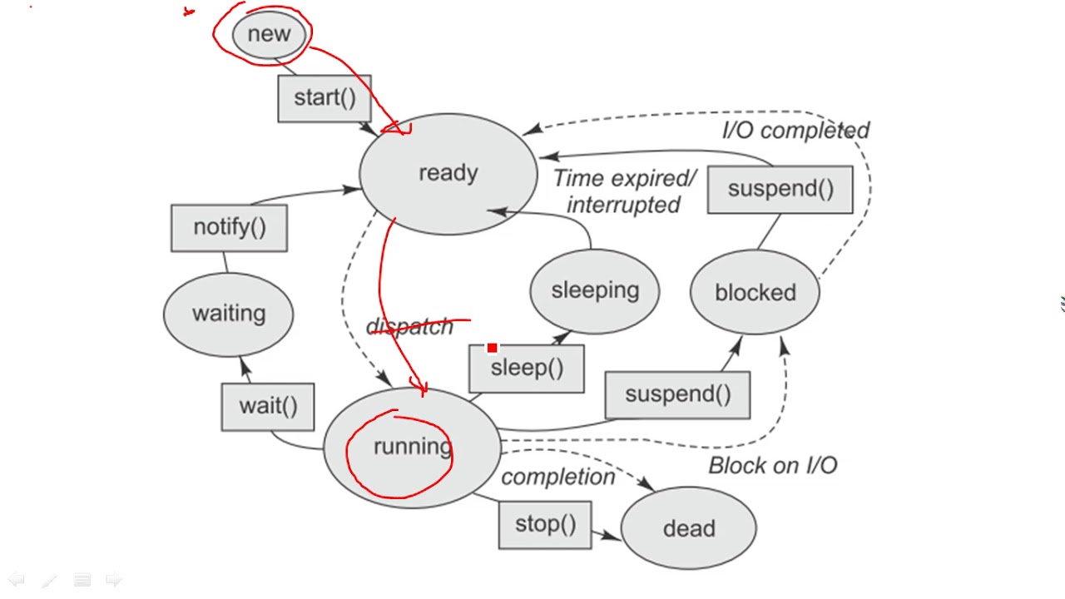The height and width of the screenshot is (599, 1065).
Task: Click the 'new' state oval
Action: click(x=269, y=34)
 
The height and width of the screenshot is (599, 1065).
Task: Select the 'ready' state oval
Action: click(x=448, y=174)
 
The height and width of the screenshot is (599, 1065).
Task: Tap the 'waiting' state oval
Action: click(x=228, y=314)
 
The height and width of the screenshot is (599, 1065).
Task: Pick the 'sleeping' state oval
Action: click(x=595, y=291)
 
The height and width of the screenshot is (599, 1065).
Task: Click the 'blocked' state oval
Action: click(x=755, y=292)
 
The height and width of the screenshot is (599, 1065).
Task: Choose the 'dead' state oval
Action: click(x=689, y=528)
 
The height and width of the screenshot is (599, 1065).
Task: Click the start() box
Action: click(x=324, y=98)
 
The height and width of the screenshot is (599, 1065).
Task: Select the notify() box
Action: click(x=229, y=228)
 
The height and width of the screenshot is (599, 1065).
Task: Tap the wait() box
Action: click(x=268, y=407)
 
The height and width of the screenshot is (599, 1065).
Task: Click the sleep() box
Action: click(x=527, y=369)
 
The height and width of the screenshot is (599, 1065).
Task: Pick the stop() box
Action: click(x=545, y=525)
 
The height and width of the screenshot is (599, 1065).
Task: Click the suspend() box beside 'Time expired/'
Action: click(x=780, y=189)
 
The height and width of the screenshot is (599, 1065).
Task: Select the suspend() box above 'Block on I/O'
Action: click(x=678, y=395)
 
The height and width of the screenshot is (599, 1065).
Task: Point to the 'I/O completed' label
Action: click(x=796, y=131)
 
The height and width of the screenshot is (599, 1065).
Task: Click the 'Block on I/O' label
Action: click(x=773, y=465)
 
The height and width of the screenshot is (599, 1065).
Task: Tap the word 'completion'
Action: click(x=558, y=477)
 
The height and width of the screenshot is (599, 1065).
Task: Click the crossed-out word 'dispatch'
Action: click(x=409, y=327)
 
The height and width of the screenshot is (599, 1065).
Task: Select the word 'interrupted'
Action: click(x=623, y=205)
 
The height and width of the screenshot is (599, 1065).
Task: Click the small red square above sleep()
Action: click(x=492, y=348)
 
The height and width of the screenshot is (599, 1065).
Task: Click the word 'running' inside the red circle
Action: click(x=413, y=447)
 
